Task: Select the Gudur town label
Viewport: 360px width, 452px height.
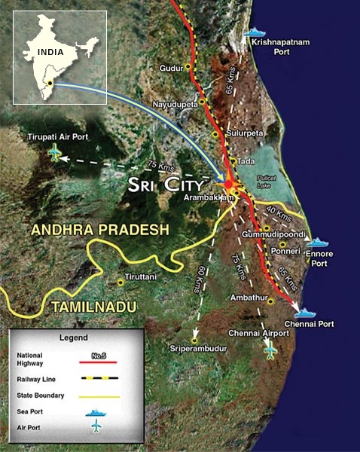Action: pyautogui.click(x=172, y=69)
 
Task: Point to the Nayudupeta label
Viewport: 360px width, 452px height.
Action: pyautogui.click(x=175, y=103)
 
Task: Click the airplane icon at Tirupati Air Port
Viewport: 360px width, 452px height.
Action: pyautogui.click(x=54, y=154)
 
